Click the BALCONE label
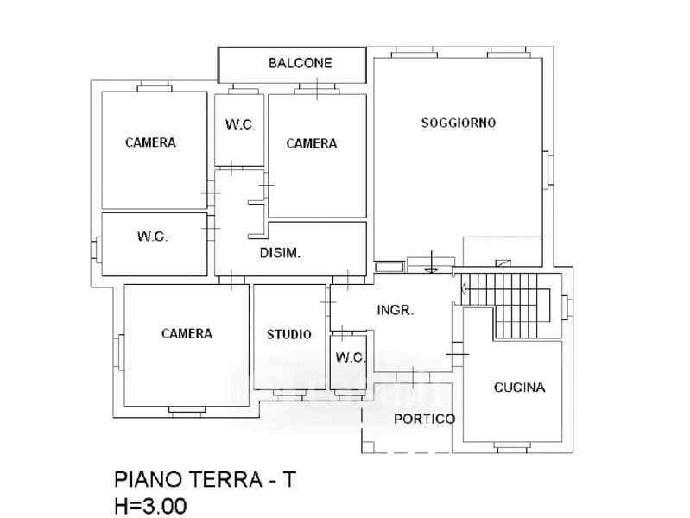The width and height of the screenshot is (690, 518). pyautogui.click(x=301, y=63)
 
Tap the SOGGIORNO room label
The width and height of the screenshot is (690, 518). pyautogui.click(x=459, y=123)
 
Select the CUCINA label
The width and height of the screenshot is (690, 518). pyautogui.click(x=519, y=388)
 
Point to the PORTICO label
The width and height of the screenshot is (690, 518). pyautogui.click(x=424, y=419)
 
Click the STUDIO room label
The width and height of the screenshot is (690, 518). pyautogui.click(x=288, y=334)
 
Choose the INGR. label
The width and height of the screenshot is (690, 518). pyautogui.click(x=396, y=310)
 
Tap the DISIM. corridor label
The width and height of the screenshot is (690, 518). pyautogui.click(x=280, y=253)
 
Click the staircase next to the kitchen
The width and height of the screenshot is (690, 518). pyautogui.click(x=506, y=306)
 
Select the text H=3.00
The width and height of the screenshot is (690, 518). pyautogui.click(x=150, y=506)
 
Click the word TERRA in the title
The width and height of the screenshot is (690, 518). pyautogui.click(x=225, y=479)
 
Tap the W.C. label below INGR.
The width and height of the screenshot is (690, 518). pyautogui.click(x=351, y=357)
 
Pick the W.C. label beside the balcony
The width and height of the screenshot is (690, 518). pyautogui.click(x=240, y=124)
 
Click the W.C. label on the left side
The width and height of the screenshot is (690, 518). pyautogui.click(x=152, y=237)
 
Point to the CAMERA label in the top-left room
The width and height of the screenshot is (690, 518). pyautogui.click(x=150, y=142)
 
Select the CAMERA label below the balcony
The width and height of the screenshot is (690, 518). pyautogui.click(x=312, y=143)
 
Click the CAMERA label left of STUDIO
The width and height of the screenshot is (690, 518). pyautogui.click(x=187, y=333)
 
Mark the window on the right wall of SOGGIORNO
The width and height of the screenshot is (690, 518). pyautogui.click(x=548, y=170)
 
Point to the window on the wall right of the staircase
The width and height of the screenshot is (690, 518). pyautogui.click(x=567, y=306)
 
